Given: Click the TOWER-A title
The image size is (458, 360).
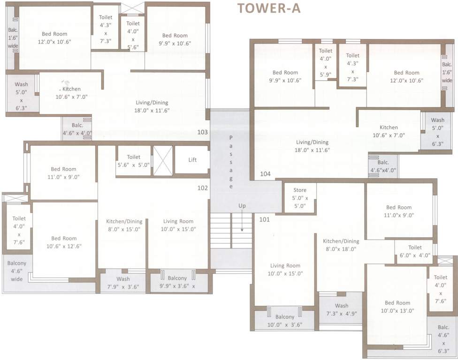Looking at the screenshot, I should point(269,8).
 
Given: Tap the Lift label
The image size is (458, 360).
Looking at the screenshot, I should point(192,160).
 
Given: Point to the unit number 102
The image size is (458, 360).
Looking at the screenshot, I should point(202,188).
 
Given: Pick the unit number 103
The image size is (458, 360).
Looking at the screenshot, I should point(202,132).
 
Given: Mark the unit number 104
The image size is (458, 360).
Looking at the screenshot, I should point(265,174).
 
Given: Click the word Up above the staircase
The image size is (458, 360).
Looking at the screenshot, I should point(242,206).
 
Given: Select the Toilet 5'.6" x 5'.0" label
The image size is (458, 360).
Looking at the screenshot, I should point(134,161).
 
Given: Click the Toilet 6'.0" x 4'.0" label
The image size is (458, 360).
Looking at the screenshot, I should point(415,251).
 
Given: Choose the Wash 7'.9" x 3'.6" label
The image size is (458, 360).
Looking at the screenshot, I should point(123,283).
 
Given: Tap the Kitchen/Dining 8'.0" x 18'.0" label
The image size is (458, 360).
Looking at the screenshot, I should point(341,245).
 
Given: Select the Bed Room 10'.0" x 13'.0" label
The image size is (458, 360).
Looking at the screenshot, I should point(397,307).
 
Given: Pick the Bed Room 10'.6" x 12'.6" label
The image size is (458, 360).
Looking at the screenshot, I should point(64,242).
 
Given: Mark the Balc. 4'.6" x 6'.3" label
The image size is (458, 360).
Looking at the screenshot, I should point(443,340).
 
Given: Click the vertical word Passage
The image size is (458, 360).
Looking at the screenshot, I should point(231,162).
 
